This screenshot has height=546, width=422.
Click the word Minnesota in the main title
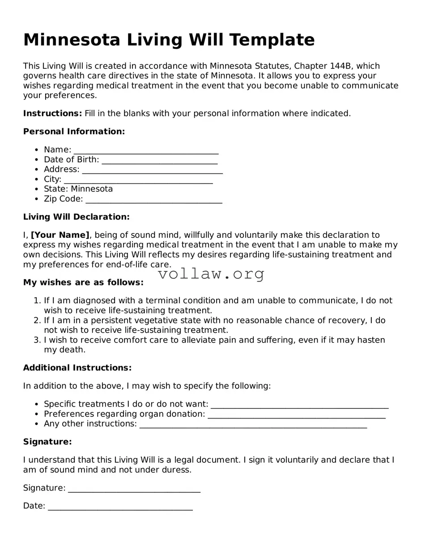pyautogui.click(x=72, y=40)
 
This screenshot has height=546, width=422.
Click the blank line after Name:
pyautogui.click(x=146, y=150)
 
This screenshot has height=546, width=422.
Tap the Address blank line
pyautogui.click(x=152, y=170)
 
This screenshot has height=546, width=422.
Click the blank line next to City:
pyautogui.click(x=138, y=180)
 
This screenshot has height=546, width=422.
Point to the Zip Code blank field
pyautogui.click(x=153, y=199)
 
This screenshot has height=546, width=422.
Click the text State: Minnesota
pyautogui.click(x=78, y=189)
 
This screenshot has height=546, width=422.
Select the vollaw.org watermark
pyautogui.click(x=211, y=274)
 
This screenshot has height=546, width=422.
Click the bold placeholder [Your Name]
pyautogui.click(x=60, y=235)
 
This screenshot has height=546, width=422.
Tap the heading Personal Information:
pyautogui.click(x=74, y=131)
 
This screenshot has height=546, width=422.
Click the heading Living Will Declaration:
pyautogui.click(x=76, y=217)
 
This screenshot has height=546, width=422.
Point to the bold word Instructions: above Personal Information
pyautogui.click(x=52, y=114)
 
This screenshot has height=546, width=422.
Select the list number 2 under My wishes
pyautogui.click(x=38, y=321)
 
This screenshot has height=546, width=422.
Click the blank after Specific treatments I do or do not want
pyautogui.click(x=299, y=405)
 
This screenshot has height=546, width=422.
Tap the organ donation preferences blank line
pyautogui.click(x=297, y=415)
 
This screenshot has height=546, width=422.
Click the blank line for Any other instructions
pyautogui.click(x=253, y=425)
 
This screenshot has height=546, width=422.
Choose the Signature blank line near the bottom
pyautogui.click(x=134, y=489)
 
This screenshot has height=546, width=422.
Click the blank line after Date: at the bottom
pyautogui.click(x=120, y=507)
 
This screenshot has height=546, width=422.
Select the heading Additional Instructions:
pyautogui.click(x=77, y=368)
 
